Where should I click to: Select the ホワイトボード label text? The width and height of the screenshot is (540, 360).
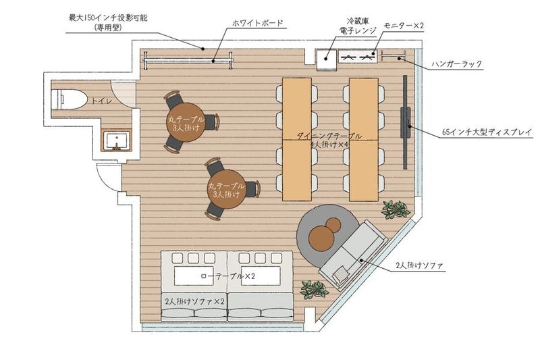tap(257, 23)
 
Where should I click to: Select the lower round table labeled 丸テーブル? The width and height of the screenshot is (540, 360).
tap(225, 190)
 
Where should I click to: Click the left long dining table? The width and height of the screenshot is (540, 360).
tap(297, 138)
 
